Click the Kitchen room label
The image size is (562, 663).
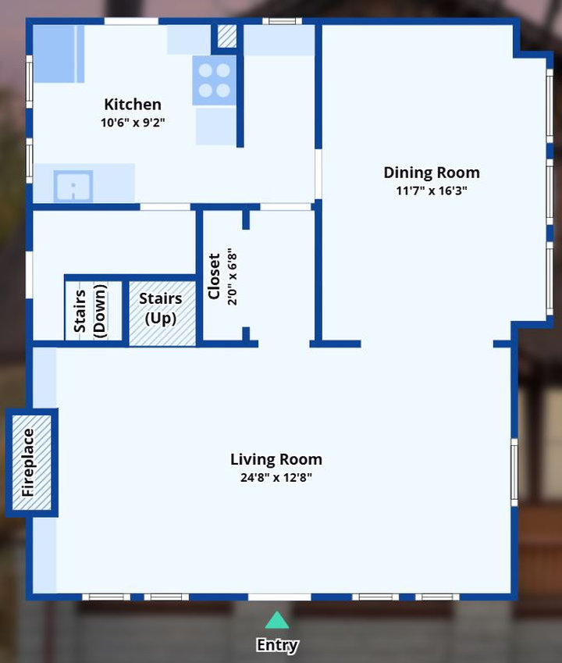pyautogui.click(x=133, y=105)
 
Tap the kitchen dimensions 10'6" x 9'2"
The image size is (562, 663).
pyautogui.click(x=133, y=123)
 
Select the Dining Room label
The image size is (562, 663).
pyautogui.click(x=432, y=173)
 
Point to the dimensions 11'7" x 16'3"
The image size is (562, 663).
pyautogui.click(x=432, y=191)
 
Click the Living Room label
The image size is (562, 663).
pyautogui.click(x=276, y=459)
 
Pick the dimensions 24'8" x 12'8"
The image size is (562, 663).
pyautogui.click(x=276, y=477)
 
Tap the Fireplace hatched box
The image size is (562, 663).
pyautogui.click(x=32, y=462)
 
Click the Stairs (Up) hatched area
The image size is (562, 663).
pyautogui.click(x=162, y=313)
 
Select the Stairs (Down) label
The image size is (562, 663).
pyautogui.click(x=91, y=311)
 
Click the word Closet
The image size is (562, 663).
pyautogui.click(x=214, y=276)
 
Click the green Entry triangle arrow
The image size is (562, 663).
pyautogui.click(x=277, y=620)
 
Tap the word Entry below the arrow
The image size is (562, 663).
pyautogui.click(x=277, y=645)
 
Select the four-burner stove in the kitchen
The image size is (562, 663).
pyautogui.click(x=214, y=80)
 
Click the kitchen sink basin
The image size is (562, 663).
pyautogui.click(x=73, y=186)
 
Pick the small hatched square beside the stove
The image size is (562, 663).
pyautogui.click(x=227, y=37)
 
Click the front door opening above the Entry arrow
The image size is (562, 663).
pyautogui.click(x=279, y=597)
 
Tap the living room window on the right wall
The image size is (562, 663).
pyautogui.click(x=514, y=472)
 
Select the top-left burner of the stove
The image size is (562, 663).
pyautogui.click(x=205, y=70)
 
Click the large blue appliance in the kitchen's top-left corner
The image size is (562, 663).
pyautogui.click(x=59, y=54)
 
